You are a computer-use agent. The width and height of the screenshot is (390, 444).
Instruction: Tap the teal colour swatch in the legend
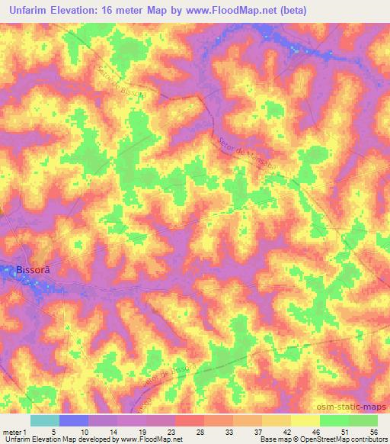click(45, 420)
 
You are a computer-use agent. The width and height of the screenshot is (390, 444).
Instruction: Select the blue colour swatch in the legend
click(74, 420)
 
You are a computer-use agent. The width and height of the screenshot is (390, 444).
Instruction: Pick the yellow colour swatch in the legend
click(305, 420)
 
